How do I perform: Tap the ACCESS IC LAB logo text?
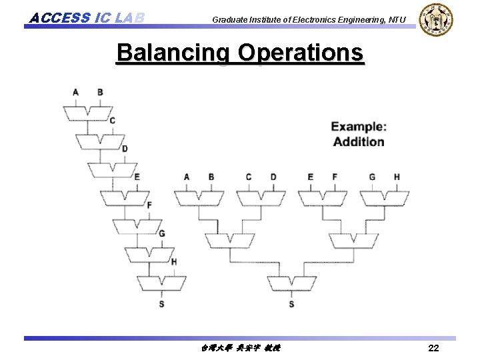point(87,17)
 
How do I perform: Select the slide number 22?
point(433,348)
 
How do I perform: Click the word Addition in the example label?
point(359,141)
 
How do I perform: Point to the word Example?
point(359,127)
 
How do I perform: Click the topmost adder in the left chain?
point(88,112)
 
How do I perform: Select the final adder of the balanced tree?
point(292,283)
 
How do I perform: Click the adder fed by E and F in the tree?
point(322,198)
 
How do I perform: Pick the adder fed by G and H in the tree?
point(384,198)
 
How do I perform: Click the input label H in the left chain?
point(174,261)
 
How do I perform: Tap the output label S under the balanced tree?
point(292,304)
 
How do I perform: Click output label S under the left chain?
point(161,304)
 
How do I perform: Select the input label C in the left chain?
point(112,121)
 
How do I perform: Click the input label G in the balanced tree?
point(372,177)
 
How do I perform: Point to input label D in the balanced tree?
point(273,177)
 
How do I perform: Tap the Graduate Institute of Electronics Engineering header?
point(309,20)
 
